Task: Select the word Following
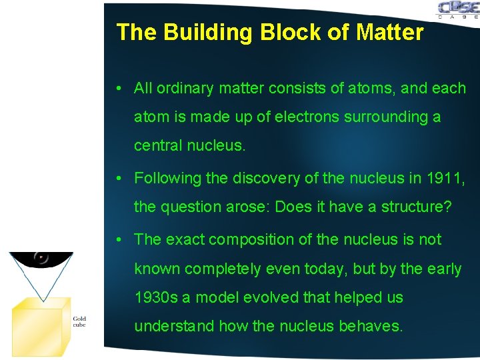[x=167, y=178]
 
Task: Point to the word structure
[x=413, y=207]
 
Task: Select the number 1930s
[x=156, y=297]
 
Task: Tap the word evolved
[x=259, y=297]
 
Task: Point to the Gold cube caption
[x=79, y=321]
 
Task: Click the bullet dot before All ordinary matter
[x=117, y=89]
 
